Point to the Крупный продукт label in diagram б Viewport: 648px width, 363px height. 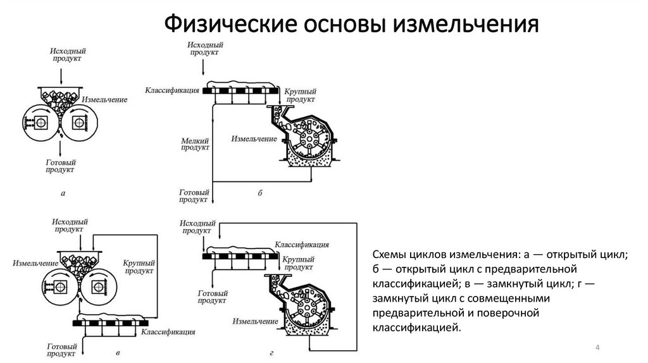tap(301, 95)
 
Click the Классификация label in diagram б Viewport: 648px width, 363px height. tap(172, 90)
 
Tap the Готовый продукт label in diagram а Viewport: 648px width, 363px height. tap(61, 166)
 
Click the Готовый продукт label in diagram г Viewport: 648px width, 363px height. tap(213, 297)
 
